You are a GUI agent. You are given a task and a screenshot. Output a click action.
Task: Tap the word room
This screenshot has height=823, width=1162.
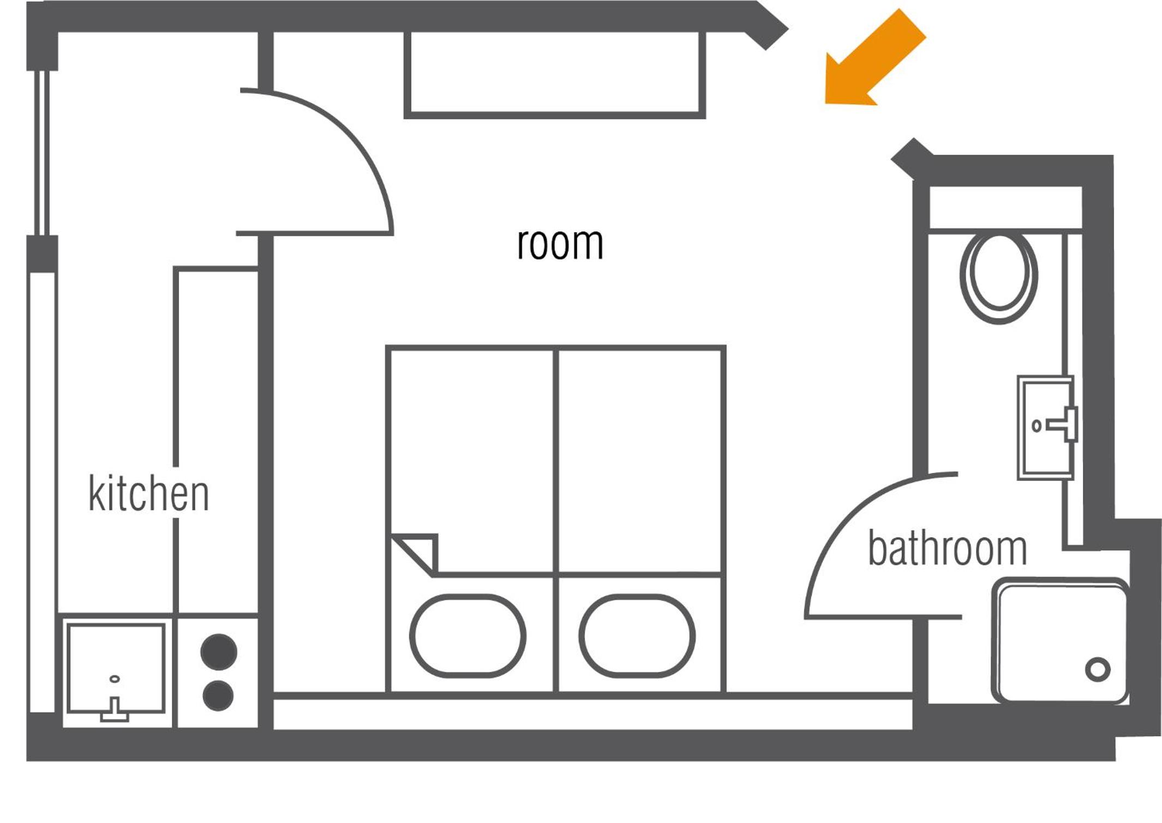(x=560, y=243)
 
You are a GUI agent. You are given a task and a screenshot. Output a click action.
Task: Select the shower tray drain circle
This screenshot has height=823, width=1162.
(x=1098, y=669)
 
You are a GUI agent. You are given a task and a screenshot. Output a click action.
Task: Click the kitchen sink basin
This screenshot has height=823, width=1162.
(x=115, y=669)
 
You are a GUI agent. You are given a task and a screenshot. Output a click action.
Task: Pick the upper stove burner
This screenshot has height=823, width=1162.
(x=219, y=652)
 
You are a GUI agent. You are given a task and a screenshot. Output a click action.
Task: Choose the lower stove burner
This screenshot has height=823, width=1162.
(x=218, y=696)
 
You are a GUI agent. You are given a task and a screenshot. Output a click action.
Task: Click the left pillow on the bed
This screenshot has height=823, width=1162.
(x=468, y=636)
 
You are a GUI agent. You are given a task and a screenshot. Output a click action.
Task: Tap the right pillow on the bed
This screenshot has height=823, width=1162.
(x=637, y=636)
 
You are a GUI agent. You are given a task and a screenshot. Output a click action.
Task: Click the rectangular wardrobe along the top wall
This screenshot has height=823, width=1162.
(x=555, y=74)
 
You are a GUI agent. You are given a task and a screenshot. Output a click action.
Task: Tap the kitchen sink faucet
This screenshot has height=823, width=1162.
(x=115, y=710)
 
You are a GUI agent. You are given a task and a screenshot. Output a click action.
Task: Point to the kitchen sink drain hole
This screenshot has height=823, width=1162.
(x=115, y=679)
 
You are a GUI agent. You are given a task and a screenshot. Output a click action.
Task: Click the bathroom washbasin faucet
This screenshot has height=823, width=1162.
(x=1064, y=424)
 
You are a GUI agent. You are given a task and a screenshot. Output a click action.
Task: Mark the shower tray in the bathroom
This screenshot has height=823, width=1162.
(x=1060, y=641)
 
